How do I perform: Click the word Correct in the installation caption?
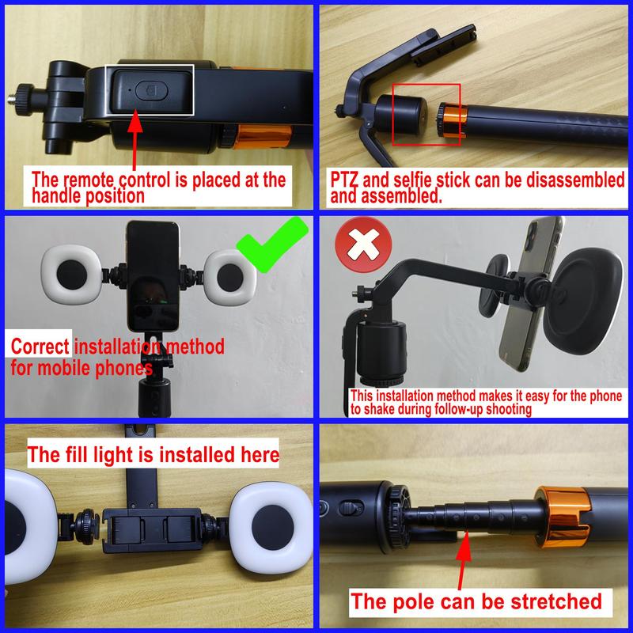pyautogui.click(x=40, y=347)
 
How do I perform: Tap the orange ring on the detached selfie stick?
pyautogui.click(x=450, y=123)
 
